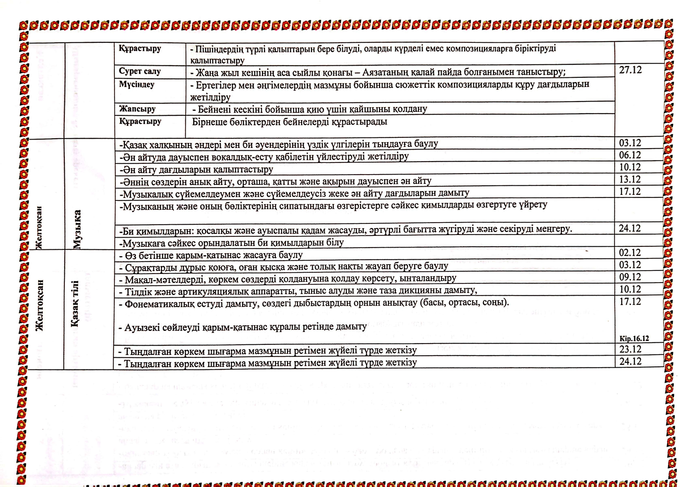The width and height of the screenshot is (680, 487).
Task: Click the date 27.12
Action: (630, 70)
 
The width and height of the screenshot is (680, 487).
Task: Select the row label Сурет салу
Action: (139, 71)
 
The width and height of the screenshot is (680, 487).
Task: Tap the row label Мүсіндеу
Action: (136, 84)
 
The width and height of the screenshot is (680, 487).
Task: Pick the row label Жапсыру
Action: (137, 109)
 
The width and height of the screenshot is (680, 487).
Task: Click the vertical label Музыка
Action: (77, 229)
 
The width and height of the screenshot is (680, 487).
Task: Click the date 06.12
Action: (630, 155)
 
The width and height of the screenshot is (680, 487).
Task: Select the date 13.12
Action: (630, 179)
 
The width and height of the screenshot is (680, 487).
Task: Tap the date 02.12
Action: (630, 253)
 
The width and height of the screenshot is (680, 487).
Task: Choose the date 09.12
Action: (630, 277)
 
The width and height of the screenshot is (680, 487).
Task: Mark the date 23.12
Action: (630, 349)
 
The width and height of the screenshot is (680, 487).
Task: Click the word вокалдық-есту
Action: (263, 156)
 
